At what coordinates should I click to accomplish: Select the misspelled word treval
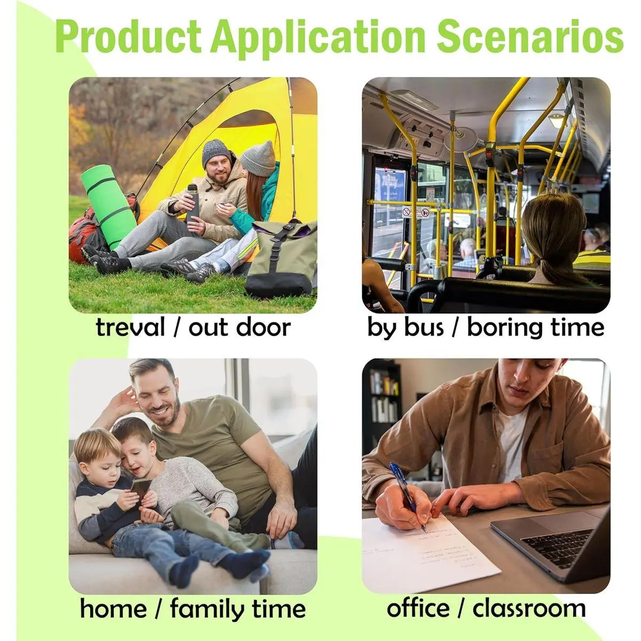tap(130, 327)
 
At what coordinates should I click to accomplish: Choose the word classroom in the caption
tap(529, 608)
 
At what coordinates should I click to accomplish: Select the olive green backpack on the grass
tap(281, 258)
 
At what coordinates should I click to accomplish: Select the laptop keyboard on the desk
tap(559, 545)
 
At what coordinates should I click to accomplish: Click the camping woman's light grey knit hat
tap(259, 158)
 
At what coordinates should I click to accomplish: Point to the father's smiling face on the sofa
tap(159, 398)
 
